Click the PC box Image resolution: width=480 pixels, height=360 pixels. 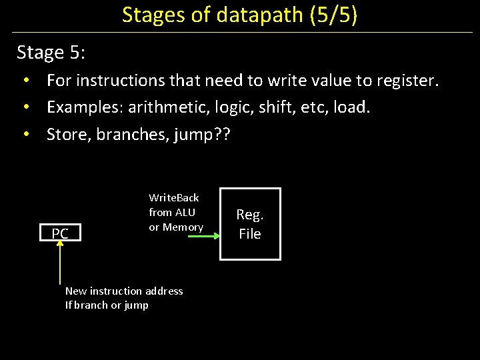tap(60, 233)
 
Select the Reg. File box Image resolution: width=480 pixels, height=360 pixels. tap(250, 224)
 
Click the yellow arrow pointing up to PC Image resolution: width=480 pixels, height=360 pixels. tap(60, 267)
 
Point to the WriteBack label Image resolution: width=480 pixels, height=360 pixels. tap(174, 197)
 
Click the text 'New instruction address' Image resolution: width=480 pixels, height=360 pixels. tap(124, 291)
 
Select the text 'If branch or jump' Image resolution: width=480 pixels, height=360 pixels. tap(107, 305)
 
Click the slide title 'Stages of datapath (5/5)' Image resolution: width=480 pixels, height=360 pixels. tap(239, 15)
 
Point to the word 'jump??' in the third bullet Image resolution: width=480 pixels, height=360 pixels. tap(201, 135)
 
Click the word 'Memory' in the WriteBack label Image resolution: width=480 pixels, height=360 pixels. tap(184, 227)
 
